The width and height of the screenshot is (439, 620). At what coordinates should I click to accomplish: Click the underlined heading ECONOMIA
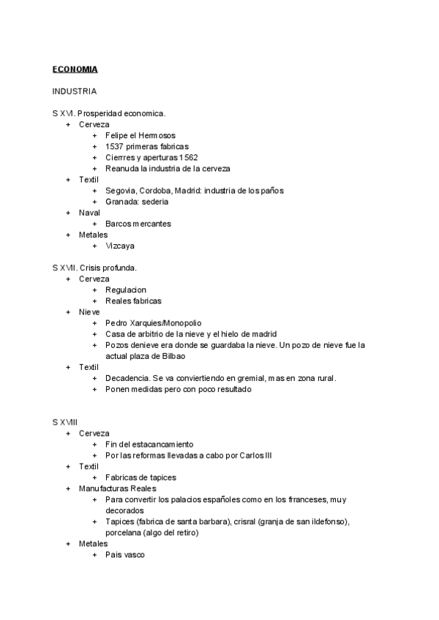coord(75,69)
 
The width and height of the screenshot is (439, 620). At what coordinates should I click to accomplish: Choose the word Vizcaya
coord(120,246)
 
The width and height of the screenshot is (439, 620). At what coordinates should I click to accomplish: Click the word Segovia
coord(121,190)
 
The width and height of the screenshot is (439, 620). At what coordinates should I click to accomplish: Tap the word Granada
coord(122,201)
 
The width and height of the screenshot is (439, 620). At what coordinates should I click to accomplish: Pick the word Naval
coord(89,213)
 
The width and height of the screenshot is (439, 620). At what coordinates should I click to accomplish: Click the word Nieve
coord(89,311)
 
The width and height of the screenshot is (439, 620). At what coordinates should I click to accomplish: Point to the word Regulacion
coord(126,290)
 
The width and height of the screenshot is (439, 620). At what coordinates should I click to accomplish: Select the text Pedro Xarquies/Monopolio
coord(153,322)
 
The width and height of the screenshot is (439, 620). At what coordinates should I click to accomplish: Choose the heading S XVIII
coord(65,422)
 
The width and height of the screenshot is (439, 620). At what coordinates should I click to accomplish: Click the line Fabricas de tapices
coord(140,477)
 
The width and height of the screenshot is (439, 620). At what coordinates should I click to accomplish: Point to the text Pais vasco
coord(125,555)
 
